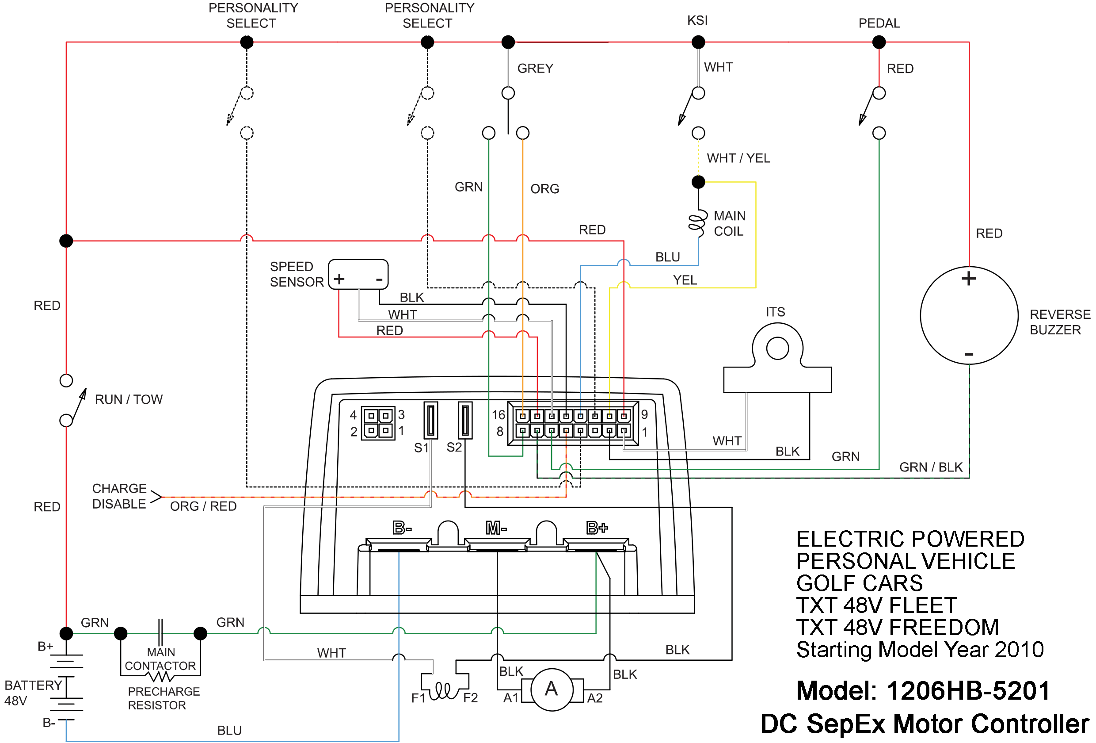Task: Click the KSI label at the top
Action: pyautogui.click(x=697, y=20)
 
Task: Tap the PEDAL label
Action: pyautogui.click(x=879, y=23)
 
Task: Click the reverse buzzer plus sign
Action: pyautogui.click(x=968, y=279)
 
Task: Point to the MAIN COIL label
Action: pyautogui.click(x=729, y=223)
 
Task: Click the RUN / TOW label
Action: pyautogui.click(x=128, y=399)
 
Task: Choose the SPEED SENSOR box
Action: pyautogui.click(x=358, y=274)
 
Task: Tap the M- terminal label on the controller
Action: pyautogui.click(x=496, y=528)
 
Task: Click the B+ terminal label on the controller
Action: pyautogui.click(x=597, y=528)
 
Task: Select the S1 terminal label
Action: pyautogui.click(x=421, y=448)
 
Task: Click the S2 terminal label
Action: pyautogui.click(x=454, y=447)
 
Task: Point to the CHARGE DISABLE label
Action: pyautogui.click(x=119, y=496)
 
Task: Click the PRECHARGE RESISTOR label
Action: pyautogui.click(x=164, y=698)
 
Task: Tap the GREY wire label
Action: pyautogui.click(x=535, y=69)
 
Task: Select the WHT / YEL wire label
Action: pyautogui.click(x=738, y=158)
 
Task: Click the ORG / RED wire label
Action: pyautogui.click(x=203, y=506)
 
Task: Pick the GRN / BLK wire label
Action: pyautogui.click(x=930, y=467)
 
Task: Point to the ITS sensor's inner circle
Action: pyautogui.click(x=777, y=349)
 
